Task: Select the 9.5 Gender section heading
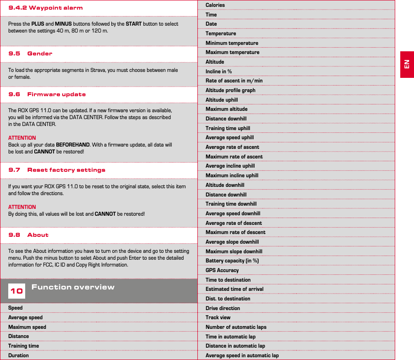[30, 54]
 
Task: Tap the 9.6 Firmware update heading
[47, 94]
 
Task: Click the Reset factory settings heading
[66, 170]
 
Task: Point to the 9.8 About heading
[28, 235]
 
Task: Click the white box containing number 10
[17, 291]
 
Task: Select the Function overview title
[73, 287]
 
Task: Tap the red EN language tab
[407, 64]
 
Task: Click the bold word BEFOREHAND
[72, 145]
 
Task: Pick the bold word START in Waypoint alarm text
[133, 24]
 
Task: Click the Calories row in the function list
[215, 5]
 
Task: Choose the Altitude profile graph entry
[230, 90]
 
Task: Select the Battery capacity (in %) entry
[232, 261]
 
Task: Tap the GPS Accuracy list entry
[222, 270]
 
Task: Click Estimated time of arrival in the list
[234, 289]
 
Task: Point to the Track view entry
[218, 317]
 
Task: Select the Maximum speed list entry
[27, 327]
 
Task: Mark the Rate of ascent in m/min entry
[234, 81]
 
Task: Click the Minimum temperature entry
[232, 43]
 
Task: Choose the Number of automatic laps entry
[236, 327]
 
